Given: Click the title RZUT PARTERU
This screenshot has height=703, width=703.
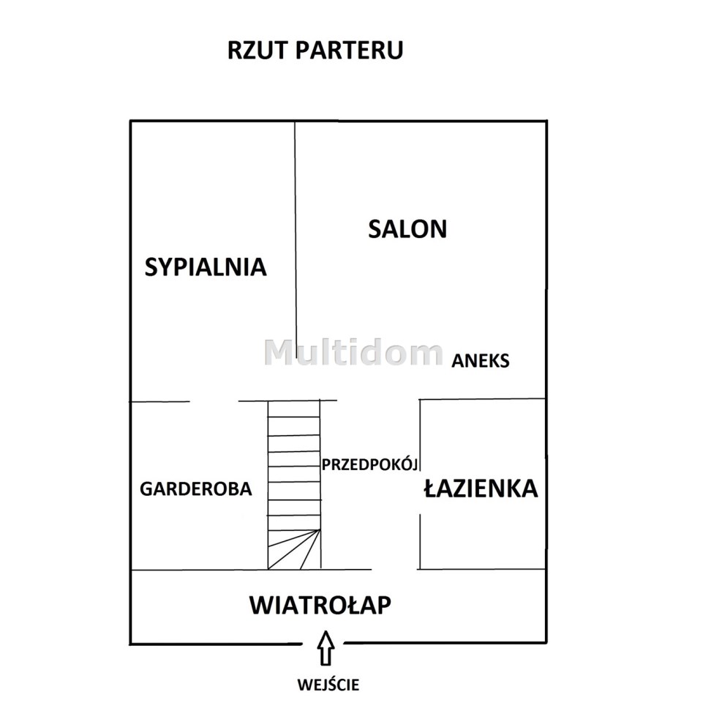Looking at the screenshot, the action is tap(315, 50).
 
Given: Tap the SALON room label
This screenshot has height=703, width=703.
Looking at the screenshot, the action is tap(407, 229).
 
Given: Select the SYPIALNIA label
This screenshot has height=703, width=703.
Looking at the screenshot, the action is tap(206, 267).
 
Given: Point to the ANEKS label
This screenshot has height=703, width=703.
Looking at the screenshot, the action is tap(480, 361).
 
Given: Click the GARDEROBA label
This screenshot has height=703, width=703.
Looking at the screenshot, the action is tap(196, 489).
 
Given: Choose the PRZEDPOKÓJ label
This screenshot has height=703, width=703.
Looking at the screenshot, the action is tap(370, 464).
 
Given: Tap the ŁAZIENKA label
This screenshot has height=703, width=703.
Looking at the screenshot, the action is tap(481, 488).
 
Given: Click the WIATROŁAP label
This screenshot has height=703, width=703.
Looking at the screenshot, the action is tap(320, 605).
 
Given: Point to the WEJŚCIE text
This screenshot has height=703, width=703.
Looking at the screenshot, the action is tap(328, 685).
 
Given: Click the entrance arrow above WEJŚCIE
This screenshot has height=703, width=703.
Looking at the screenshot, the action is tap(326, 648).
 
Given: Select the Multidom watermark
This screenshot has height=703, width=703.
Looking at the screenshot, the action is tap(353, 352).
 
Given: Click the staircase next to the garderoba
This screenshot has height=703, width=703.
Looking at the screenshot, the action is tap(294, 485).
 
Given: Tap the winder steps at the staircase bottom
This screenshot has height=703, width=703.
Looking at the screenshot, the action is tap(294, 549).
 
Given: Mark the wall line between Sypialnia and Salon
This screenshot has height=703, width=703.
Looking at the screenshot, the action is tap(296, 234).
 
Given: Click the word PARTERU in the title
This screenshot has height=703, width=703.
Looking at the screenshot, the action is tap(349, 50).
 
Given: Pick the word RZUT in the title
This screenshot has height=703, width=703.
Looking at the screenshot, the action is tap(257, 50).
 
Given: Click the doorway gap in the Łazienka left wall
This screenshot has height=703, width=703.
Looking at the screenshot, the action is tap(420, 492).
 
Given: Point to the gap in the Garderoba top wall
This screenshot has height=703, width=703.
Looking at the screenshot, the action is tap(214, 401).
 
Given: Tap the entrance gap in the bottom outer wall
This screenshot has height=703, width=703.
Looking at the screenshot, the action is tap(323, 644).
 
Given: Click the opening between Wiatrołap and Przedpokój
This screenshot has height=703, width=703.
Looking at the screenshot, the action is tap(394, 569).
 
